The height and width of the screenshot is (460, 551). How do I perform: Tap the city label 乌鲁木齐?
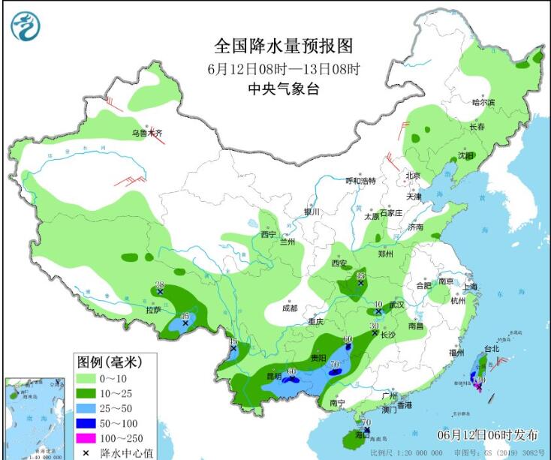tap(147, 134)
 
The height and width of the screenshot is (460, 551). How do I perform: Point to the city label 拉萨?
tap(154, 309)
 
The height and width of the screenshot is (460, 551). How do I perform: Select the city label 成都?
tap(289, 308)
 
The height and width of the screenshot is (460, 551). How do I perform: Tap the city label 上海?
tap(470, 286)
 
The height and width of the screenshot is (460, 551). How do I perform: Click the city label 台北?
tap(491, 349)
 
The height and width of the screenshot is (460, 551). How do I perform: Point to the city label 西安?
tap(341, 263)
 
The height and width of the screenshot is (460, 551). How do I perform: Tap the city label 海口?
tap(362, 435)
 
